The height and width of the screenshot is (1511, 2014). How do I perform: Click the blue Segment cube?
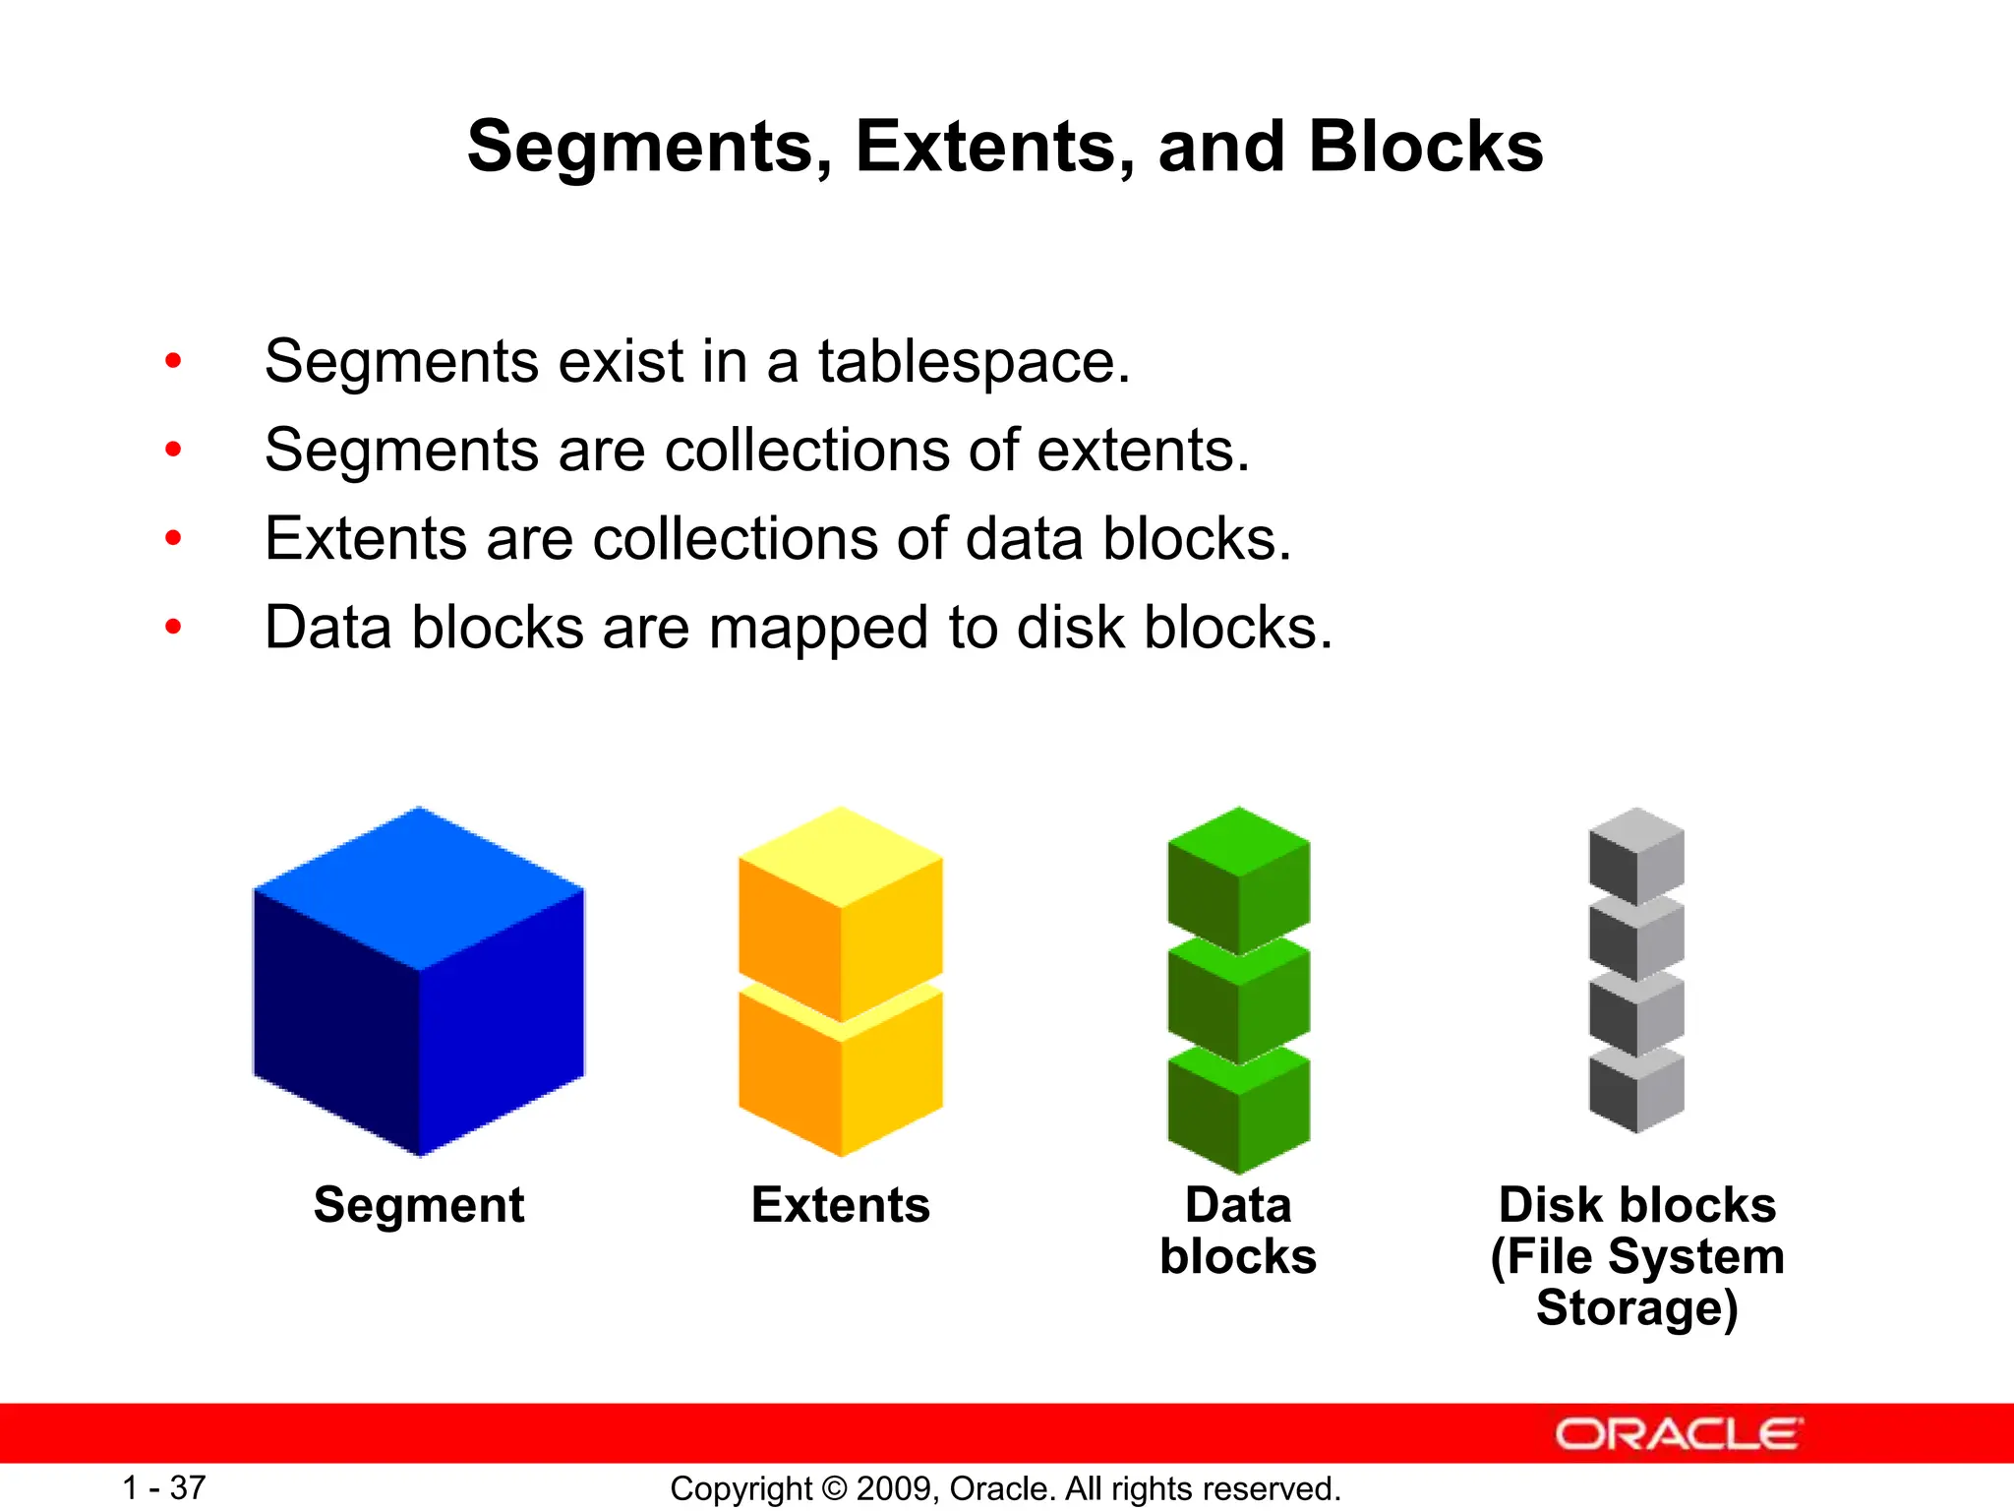pos(419,984)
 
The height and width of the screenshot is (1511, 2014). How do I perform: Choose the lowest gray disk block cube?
pos(1636,1092)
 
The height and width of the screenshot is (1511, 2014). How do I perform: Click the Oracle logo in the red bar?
pos(1678,1434)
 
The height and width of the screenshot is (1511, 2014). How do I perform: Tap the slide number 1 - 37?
pos(163,1487)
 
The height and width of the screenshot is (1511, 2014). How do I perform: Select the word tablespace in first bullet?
pos(974,362)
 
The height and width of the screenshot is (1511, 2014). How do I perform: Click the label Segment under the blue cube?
pos(419,1205)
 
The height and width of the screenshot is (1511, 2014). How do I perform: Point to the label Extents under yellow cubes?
pos(841,1205)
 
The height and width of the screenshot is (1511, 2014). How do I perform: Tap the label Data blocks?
pos(1238,1230)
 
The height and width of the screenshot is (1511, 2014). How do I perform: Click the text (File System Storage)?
pos(1637,1282)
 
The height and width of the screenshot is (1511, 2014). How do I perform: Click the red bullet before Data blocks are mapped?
pos(173,627)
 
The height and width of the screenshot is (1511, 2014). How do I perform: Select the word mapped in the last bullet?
pos(818,629)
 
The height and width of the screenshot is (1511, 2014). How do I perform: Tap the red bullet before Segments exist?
pos(173,361)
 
